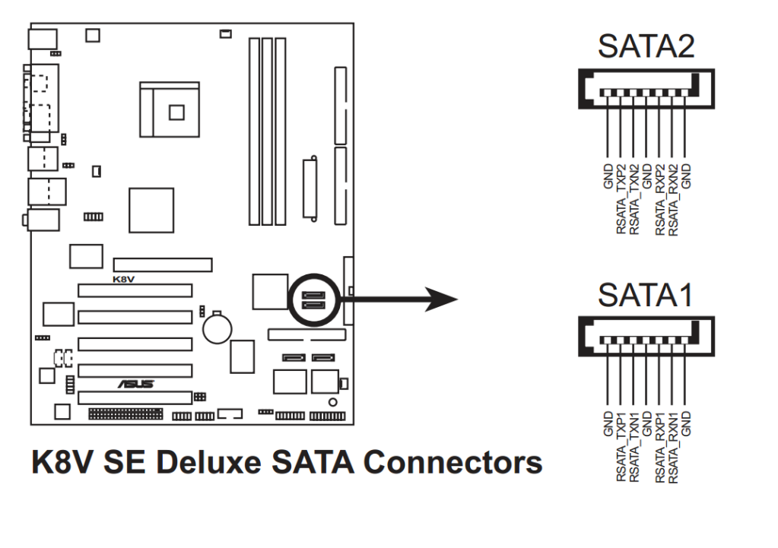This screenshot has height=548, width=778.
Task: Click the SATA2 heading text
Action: point(646,46)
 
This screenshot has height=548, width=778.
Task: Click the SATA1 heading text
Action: point(646,296)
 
